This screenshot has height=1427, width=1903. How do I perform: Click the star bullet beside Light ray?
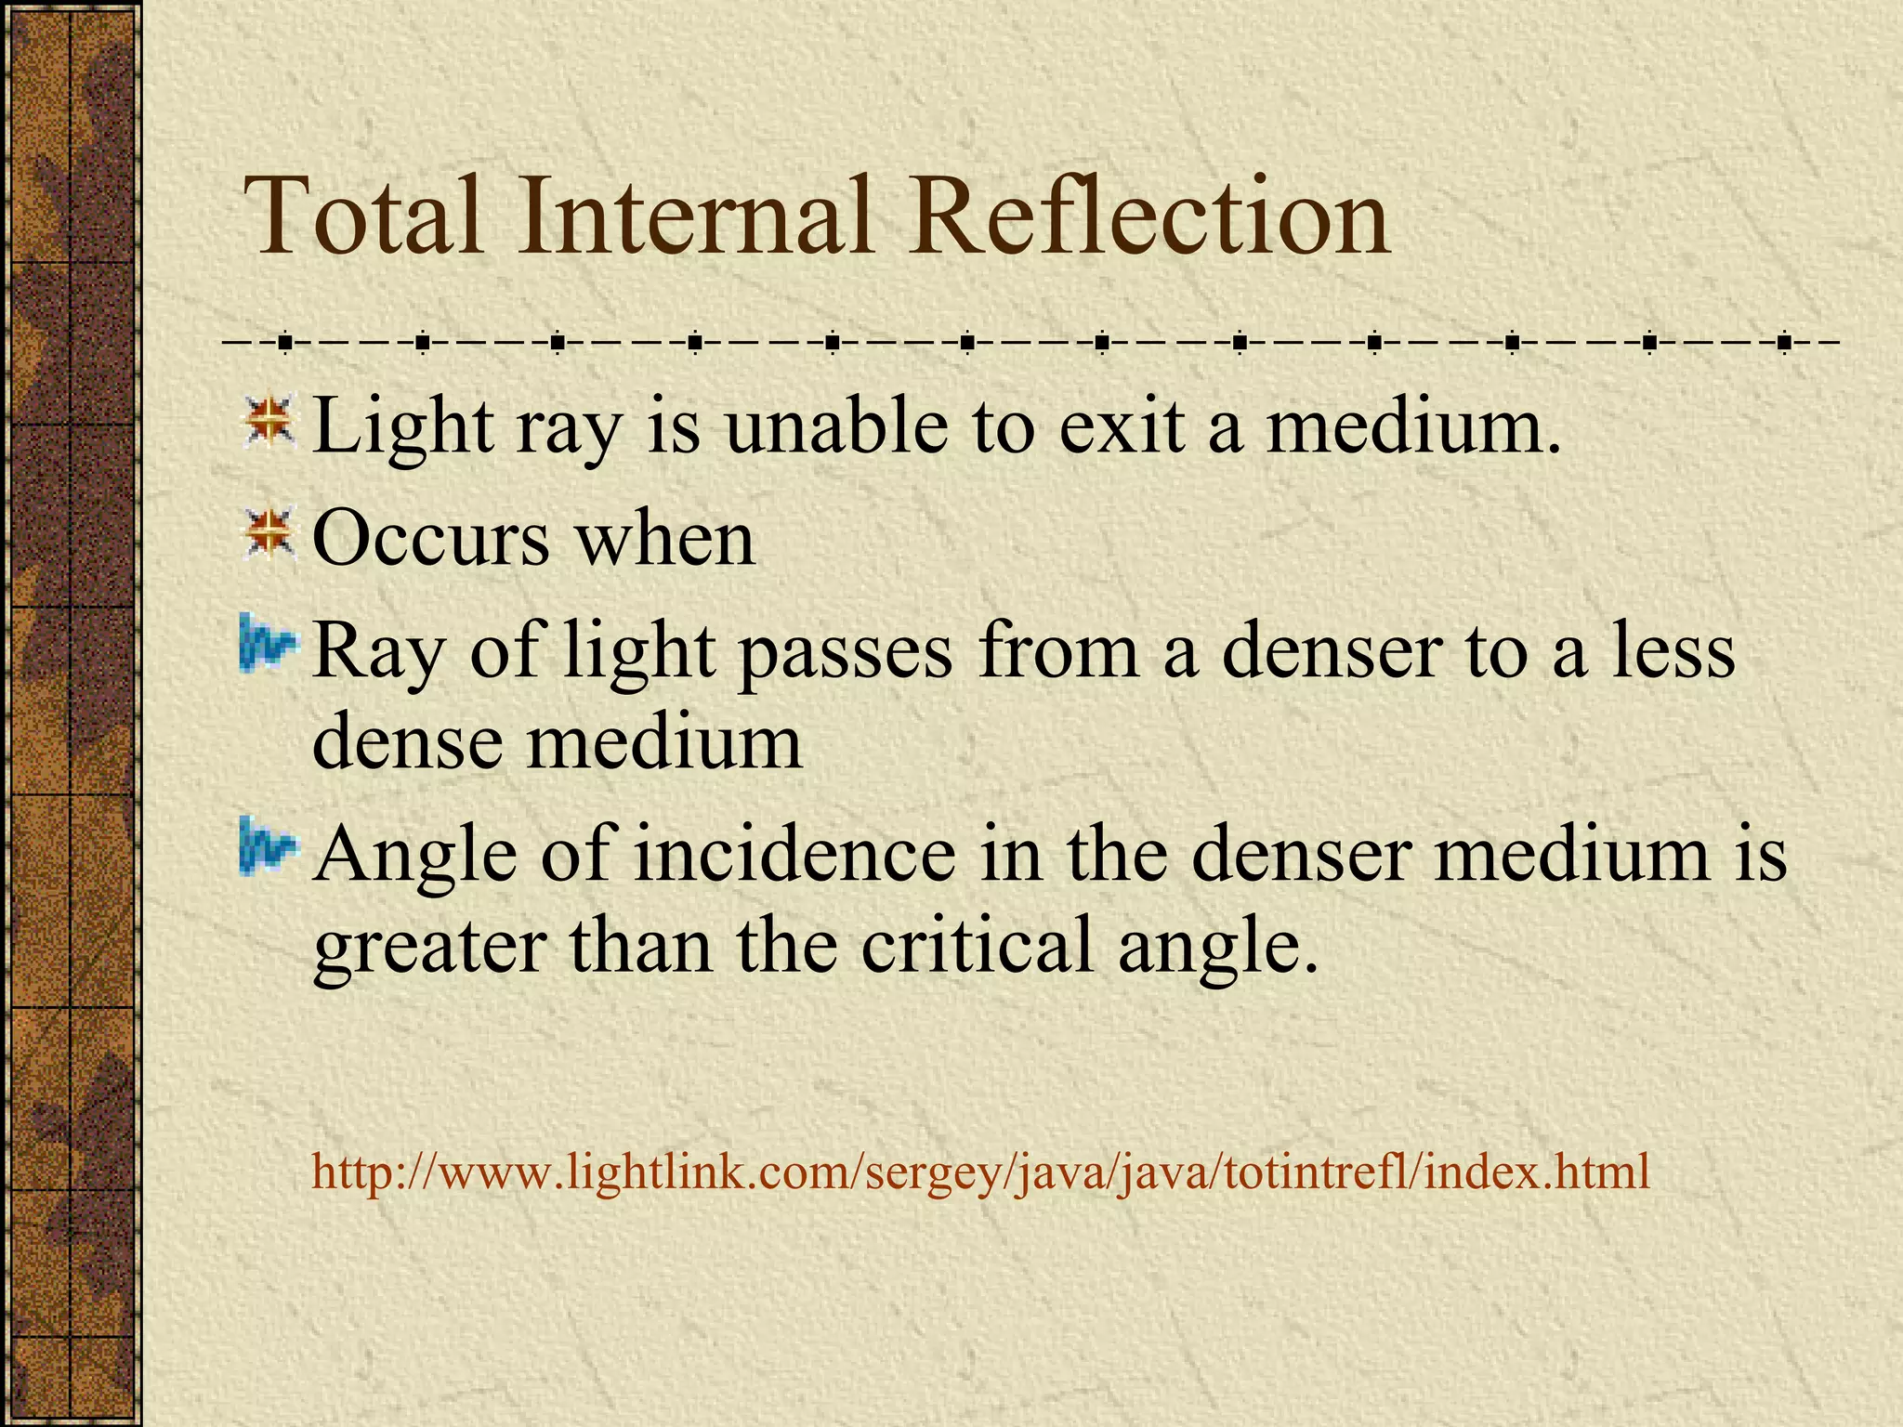coord(269,421)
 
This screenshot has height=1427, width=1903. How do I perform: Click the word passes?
coord(846,652)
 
